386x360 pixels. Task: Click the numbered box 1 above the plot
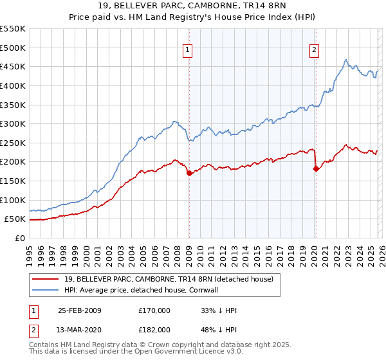pyautogui.click(x=187, y=50)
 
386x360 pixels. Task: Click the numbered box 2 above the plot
pyautogui.click(x=315, y=50)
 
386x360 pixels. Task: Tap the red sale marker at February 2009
pyautogui.click(x=189, y=173)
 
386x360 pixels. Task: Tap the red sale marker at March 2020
pyautogui.click(x=316, y=168)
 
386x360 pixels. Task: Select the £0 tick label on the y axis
pyautogui.click(x=19, y=238)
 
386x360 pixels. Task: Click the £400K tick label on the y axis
pyautogui.click(x=13, y=85)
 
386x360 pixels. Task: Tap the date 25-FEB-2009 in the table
pyautogui.click(x=80, y=310)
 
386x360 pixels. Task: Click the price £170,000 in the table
pyautogui.click(x=154, y=310)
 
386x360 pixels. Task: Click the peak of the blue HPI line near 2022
pyautogui.click(x=346, y=60)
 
